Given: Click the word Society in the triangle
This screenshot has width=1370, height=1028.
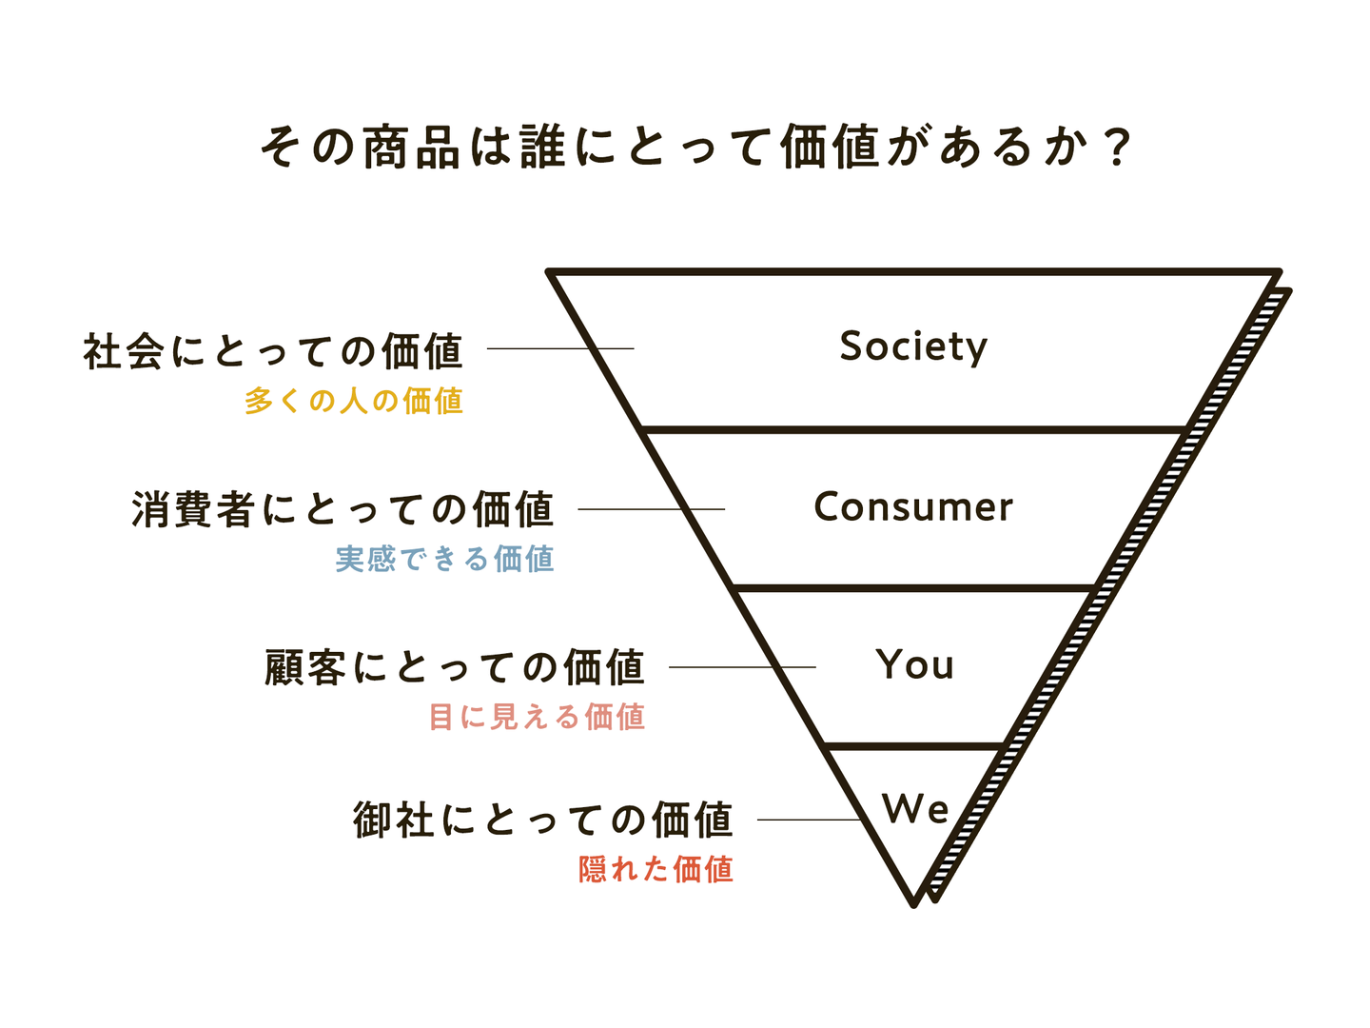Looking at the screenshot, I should [913, 346].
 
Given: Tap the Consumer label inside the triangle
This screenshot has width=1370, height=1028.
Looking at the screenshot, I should [913, 507].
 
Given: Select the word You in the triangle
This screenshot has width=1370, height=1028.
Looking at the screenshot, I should [914, 664].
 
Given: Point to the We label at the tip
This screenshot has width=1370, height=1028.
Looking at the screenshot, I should [915, 809].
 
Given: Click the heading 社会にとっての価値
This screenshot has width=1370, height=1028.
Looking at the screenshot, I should [273, 351].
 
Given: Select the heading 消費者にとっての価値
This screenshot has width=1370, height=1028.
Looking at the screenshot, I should [342, 509].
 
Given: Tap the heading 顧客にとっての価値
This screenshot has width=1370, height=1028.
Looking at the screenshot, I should [455, 667].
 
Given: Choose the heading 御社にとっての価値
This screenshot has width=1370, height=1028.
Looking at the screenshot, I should [543, 820].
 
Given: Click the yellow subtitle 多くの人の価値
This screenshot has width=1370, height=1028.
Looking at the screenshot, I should [353, 401].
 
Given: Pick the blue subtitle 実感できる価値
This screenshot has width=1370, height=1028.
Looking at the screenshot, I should [444, 559].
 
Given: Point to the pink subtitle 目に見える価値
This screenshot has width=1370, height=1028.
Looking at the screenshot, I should [537, 716].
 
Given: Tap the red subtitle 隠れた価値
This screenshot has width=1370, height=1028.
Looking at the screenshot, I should [656, 869].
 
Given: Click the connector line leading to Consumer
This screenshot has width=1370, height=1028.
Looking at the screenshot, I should [651, 509].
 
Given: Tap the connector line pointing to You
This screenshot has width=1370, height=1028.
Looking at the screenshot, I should [742, 667].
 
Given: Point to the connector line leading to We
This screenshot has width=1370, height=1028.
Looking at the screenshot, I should [809, 820].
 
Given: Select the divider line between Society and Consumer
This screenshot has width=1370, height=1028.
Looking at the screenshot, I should [913, 430].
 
